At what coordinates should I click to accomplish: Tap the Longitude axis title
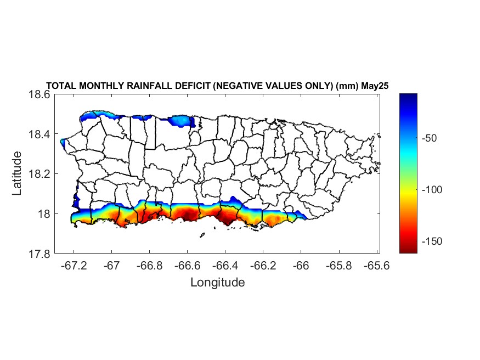[217, 283]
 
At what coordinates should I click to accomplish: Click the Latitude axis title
[18, 173]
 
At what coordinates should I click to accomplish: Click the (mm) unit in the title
[347, 86]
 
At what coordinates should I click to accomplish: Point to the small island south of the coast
[202, 236]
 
